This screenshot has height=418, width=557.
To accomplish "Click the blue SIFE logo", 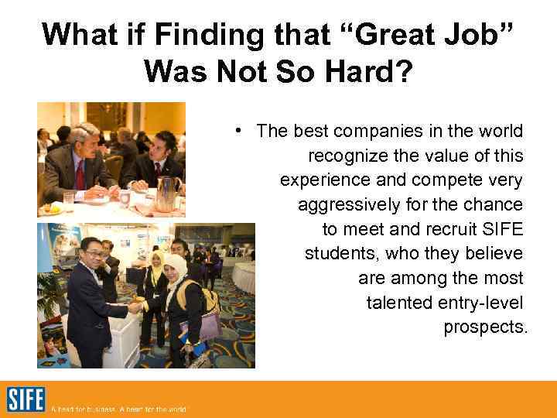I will (26, 399).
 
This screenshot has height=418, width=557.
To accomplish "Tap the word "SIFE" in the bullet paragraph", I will (504, 229).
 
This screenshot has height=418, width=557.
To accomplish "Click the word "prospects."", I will (485, 327).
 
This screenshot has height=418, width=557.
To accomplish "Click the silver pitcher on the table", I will (166, 193).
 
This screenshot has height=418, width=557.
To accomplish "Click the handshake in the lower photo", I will (137, 307).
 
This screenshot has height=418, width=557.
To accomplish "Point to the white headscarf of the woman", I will (176, 267).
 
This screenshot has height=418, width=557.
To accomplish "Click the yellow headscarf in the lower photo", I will (158, 259).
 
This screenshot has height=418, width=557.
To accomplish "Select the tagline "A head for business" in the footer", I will (81, 409).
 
